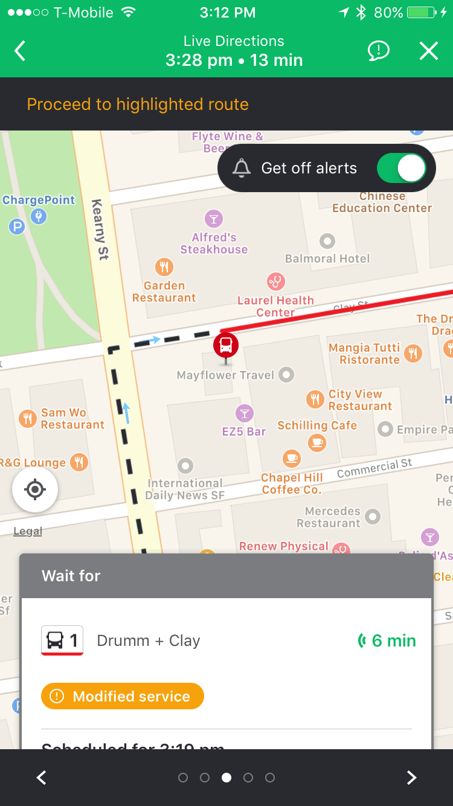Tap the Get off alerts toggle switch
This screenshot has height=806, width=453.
point(402,168)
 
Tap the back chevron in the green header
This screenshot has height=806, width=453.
point(21,51)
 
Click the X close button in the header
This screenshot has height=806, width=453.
point(428,51)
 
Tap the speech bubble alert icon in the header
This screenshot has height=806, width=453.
point(379,51)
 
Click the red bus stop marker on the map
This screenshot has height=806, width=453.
point(226,346)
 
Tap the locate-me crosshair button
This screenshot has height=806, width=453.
point(35,489)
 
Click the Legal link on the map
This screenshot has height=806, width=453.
point(28,531)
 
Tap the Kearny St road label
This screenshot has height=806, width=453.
point(100,230)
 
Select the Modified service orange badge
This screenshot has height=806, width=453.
point(123,696)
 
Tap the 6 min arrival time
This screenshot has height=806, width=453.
point(387,640)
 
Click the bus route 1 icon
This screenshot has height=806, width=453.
point(62,640)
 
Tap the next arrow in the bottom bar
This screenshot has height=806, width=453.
point(411,778)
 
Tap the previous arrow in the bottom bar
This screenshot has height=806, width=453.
point(42,778)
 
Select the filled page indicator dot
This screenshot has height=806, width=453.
point(226,778)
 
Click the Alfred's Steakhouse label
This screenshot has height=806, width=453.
point(214,243)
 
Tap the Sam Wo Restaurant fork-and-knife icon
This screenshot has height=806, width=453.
point(28,418)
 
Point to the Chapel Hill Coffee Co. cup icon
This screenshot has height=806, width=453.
point(292,457)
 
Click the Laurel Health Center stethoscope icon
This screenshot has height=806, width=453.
point(276,281)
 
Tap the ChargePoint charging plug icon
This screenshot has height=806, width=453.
point(39,216)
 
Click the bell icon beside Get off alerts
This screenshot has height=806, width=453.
point(242,168)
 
